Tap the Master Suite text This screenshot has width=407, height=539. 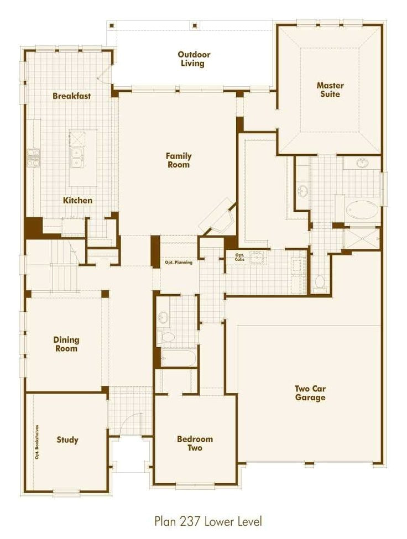pyautogui.click(x=330, y=90)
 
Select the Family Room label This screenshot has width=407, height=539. pyautogui.click(x=178, y=160)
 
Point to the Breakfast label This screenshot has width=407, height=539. pyautogui.click(x=72, y=96)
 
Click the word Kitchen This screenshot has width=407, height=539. pyautogui.click(x=77, y=200)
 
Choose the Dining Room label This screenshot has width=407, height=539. pyautogui.click(x=66, y=344)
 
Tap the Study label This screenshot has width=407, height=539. pyautogui.click(x=67, y=440)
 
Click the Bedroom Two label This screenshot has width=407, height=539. pyautogui.click(x=195, y=443)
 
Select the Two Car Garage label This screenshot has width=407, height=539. pyautogui.click(x=310, y=393)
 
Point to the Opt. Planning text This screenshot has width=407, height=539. pyautogui.click(x=179, y=263)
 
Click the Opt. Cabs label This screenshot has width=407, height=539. pyautogui.click(x=239, y=257)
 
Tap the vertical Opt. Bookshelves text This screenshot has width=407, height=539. pyautogui.click(x=37, y=441)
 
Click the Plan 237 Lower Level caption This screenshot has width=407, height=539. pyautogui.click(x=208, y=521)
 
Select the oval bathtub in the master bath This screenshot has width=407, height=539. pyautogui.click(x=362, y=210)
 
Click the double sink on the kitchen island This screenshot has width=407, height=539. pyautogui.click(x=76, y=158)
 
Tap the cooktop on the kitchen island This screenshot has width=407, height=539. pyautogui.click(x=76, y=137)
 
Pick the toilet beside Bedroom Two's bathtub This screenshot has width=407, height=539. pyautogui.click(x=167, y=336)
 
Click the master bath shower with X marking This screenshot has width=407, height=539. pyautogui.click(x=362, y=239)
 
